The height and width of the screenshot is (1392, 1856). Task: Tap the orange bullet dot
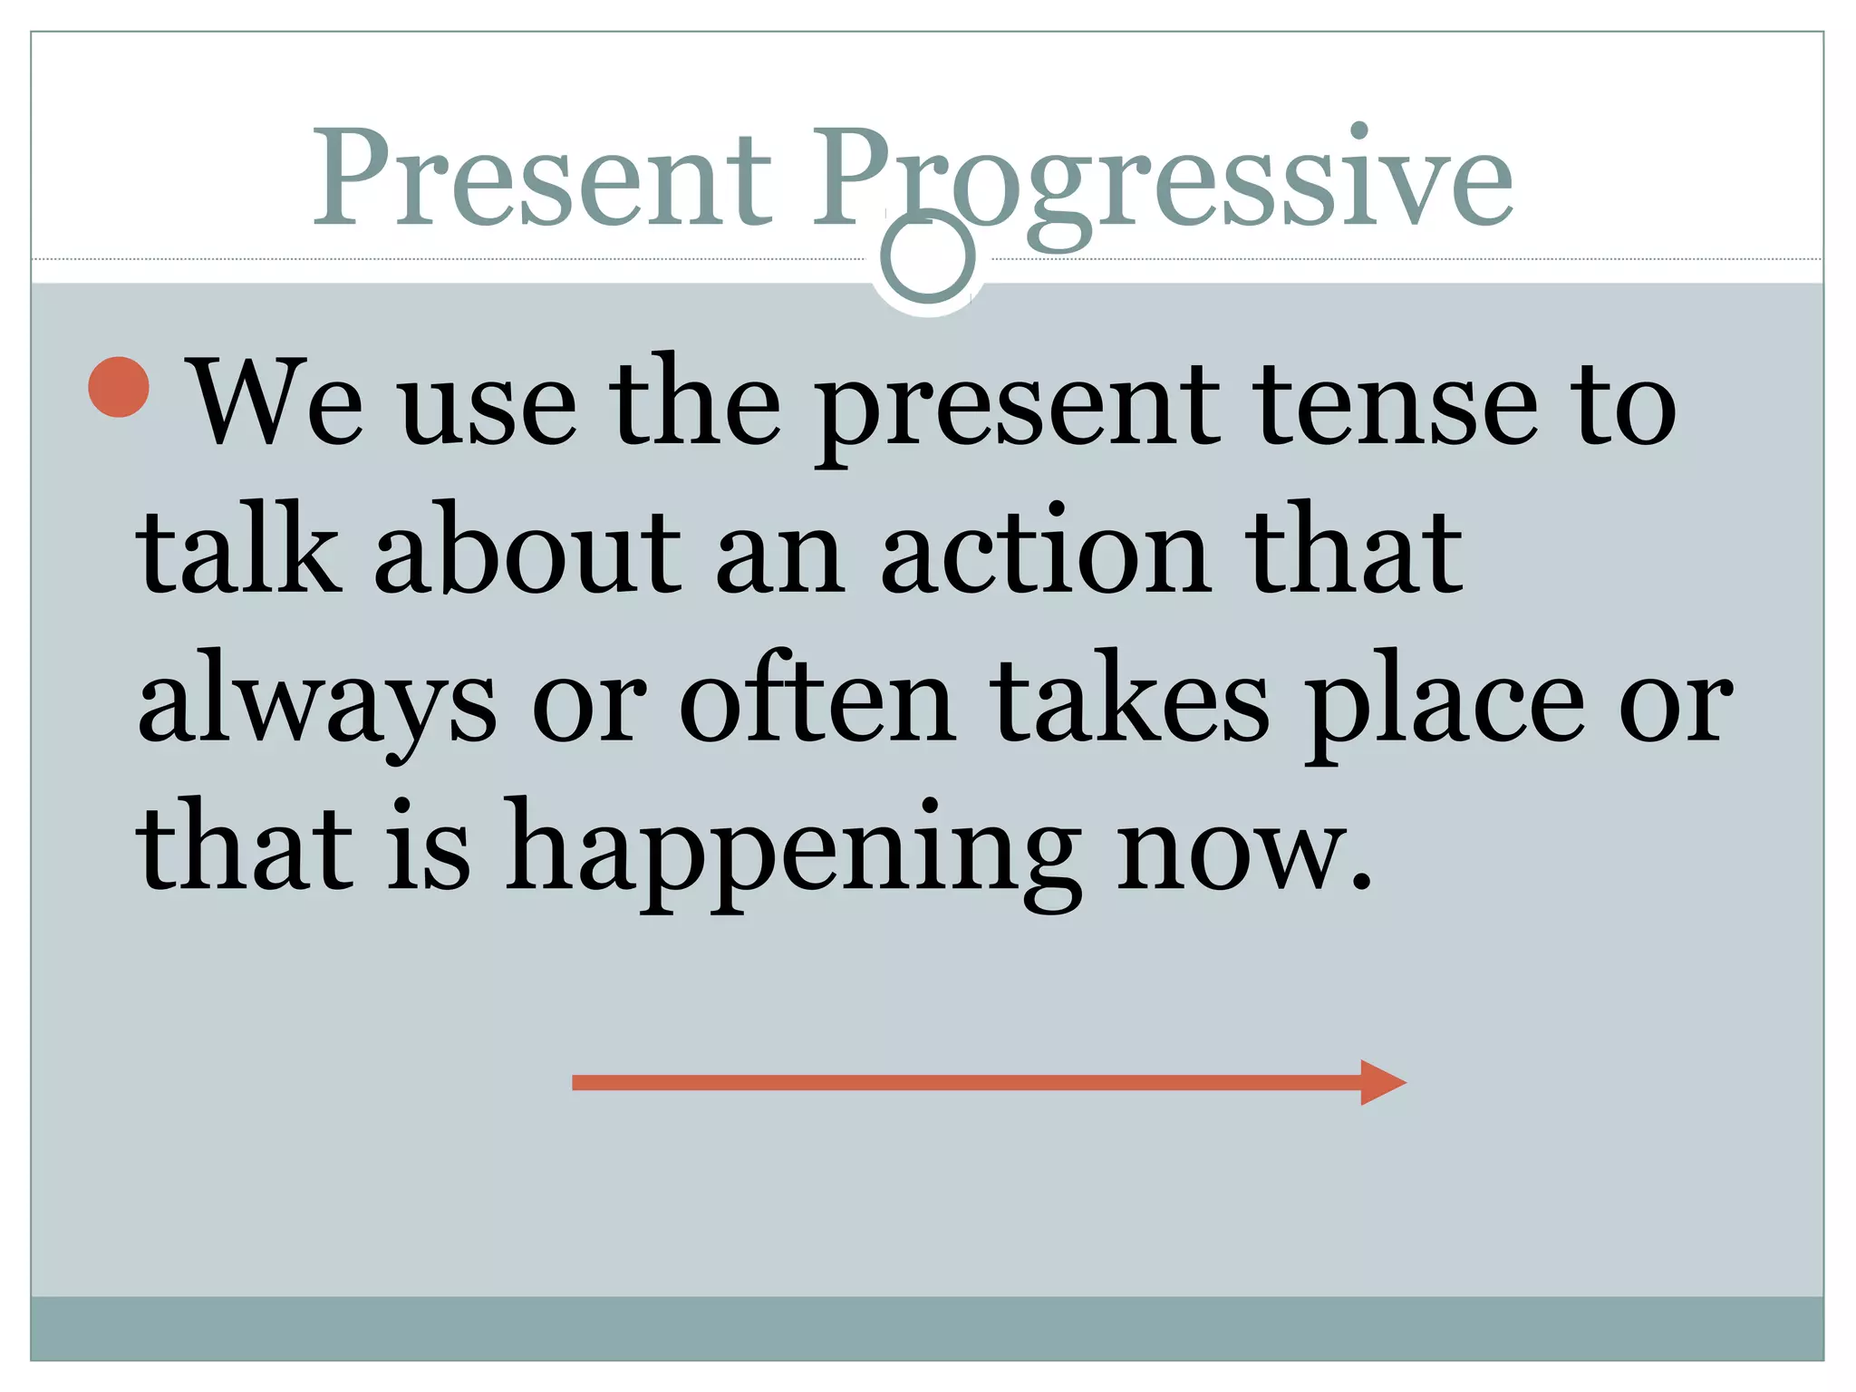pyautogui.click(x=119, y=387)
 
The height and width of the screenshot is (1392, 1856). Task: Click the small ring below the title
pyautogui.click(x=927, y=257)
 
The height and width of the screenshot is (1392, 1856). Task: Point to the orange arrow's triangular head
pyautogui.click(x=1381, y=1082)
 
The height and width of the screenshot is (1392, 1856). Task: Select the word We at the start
pyautogui.click(x=277, y=402)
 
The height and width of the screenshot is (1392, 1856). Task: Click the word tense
pyautogui.click(x=1397, y=404)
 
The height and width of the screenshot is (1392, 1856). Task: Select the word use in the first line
pyautogui.click(x=488, y=408)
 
